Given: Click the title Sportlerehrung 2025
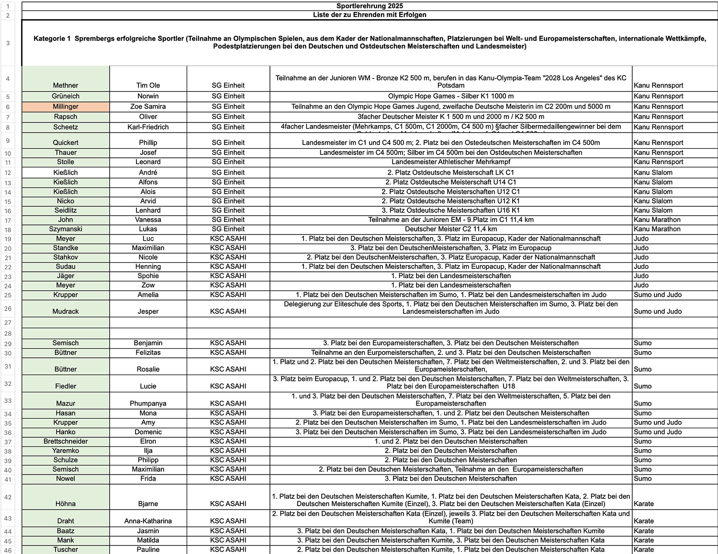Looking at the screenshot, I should pyautogui.click(x=370, y=6).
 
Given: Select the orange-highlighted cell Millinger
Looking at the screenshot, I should pyautogui.click(x=66, y=107).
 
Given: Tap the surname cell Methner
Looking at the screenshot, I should pyautogui.click(x=66, y=85).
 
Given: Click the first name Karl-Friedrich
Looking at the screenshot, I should pyautogui.click(x=148, y=127).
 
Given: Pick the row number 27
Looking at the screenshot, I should pyautogui.click(x=8, y=322).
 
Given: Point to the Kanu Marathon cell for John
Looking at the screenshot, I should pyautogui.click(x=657, y=220).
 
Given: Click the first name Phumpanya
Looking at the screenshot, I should pyautogui.click(x=148, y=403).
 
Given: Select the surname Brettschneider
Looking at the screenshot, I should pyautogui.click(x=66, y=441).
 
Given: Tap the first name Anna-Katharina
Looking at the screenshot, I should pyautogui.click(x=148, y=521).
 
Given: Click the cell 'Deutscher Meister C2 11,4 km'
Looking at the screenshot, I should pyautogui.click(x=451, y=229).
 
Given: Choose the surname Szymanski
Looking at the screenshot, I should pyautogui.click(x=66, y=229).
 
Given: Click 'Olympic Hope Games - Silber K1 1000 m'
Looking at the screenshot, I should pyautogui.click(x=451, y=96).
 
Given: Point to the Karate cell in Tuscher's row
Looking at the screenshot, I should pyautogui.click(x=644, y=550).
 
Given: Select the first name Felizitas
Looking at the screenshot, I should pyautogui.click(x=148, y=353).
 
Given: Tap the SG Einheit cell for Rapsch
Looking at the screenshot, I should pyautogui.click(x=228, y=117).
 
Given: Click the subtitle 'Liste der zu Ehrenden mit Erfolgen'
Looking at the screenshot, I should pyautogui.click(x=370, y=15).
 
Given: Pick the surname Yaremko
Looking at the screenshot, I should pyautogui.click(x=66, y=451).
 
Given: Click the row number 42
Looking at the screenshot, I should pyautogui.click(x=8, y=497).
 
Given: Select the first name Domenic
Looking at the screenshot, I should pyautogui.click(x=148, y=432).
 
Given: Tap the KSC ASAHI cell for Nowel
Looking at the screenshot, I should pyautogui.click(x=228, y=478).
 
